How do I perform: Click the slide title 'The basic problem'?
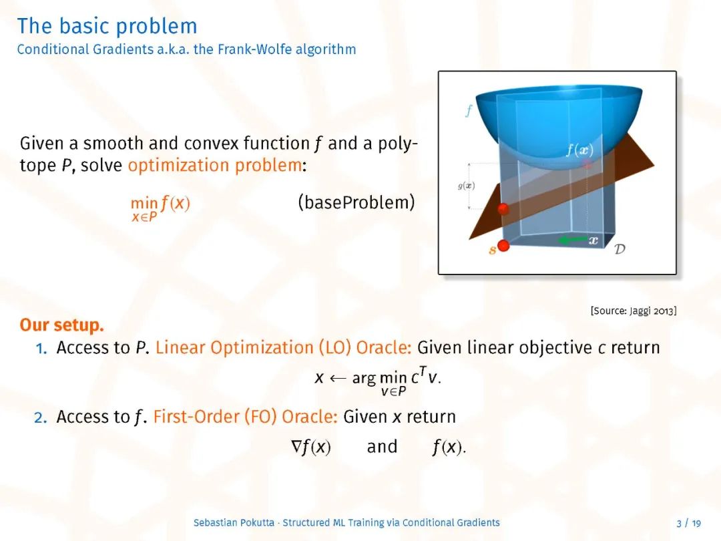(107, 26)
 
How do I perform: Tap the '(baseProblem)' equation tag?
(356, 202)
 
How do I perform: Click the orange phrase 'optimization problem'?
(215, 165)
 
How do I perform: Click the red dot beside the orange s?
(503, 246)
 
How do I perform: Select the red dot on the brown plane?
(503, 209)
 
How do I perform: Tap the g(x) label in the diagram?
(466, 186)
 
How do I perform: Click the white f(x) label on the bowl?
(579, 150)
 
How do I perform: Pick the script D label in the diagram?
(620, 249)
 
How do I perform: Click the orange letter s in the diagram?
(492, 250)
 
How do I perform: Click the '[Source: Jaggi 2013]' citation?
(633, 311)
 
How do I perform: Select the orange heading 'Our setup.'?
(61, 325)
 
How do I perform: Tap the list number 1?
(41, 348)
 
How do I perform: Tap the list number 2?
(41, 417)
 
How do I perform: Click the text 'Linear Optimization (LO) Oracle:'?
(283, 347)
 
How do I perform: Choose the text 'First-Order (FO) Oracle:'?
(245, 416)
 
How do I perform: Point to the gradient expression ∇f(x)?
(311, 447)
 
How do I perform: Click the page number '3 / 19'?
(689, 523)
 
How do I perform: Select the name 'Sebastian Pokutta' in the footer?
(234, 522)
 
